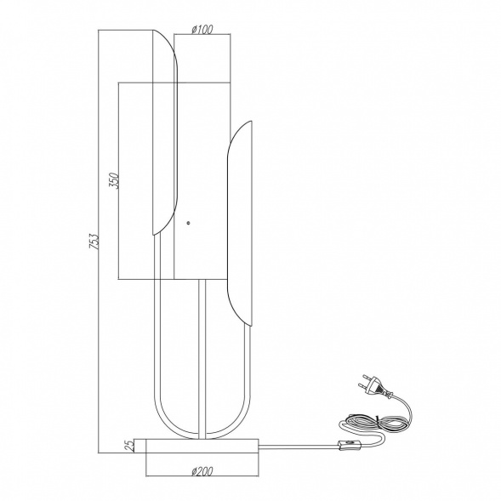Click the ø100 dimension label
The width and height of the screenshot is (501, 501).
202,30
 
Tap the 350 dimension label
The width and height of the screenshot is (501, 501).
115,181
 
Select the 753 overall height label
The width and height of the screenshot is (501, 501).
94,242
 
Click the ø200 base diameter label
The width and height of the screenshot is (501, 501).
202,471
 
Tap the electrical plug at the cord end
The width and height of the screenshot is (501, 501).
375,384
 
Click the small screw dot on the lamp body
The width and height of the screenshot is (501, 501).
189,223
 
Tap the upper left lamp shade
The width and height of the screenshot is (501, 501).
165,133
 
